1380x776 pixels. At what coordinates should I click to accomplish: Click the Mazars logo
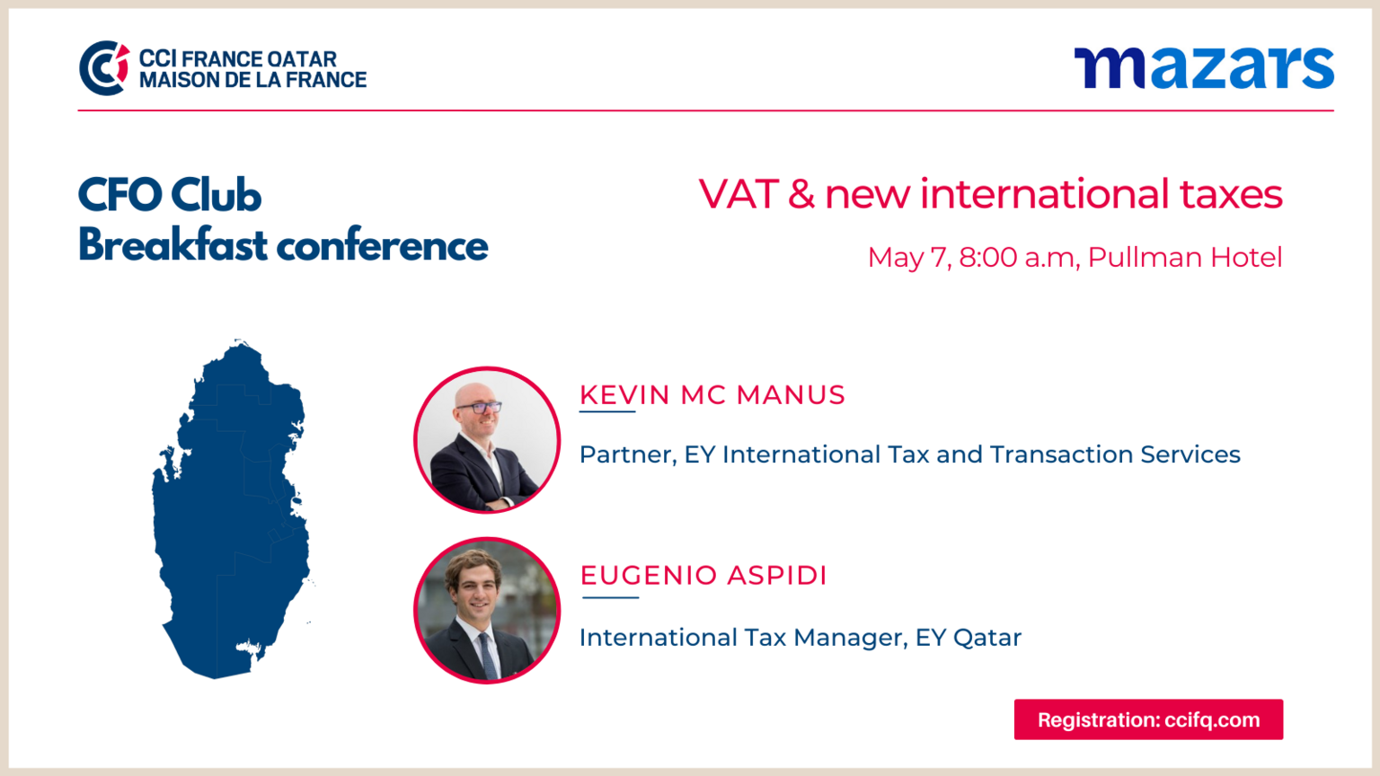[x=1204, y=67]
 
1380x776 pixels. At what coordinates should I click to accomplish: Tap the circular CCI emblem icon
[x=104, y=67]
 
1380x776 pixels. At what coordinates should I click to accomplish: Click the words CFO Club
[x=170, y=195]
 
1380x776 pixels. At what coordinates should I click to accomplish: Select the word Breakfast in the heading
[x=173, y=245]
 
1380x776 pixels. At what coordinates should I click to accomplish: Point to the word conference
[x=382, y=246]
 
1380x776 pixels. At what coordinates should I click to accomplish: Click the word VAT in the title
[x=739, y=194]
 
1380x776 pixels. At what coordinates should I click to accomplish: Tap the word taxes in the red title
[x=1231, y=194]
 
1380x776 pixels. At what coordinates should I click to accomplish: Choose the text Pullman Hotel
[x=1185, y=258]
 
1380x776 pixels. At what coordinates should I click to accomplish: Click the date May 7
[x=908, y=258]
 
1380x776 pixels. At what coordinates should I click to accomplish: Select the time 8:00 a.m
[x=1017, y=258]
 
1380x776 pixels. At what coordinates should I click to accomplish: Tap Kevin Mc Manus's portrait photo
[x=487, y=440]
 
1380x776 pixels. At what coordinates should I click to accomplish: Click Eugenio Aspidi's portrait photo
[x=487, y=611]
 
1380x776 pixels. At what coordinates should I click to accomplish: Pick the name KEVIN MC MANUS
[x=712, y=395]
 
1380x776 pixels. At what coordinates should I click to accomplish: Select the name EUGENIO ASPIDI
[x=703, y=575]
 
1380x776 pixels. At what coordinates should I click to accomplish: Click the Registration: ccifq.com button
[x=1148, y=719]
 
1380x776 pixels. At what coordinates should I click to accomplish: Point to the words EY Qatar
[x=969, y=638]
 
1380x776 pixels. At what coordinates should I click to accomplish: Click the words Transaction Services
[x=1115, y=454]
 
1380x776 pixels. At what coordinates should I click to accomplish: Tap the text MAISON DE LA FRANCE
[x=252, y=80]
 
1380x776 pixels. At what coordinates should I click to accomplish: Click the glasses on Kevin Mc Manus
[x=479, y=407]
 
